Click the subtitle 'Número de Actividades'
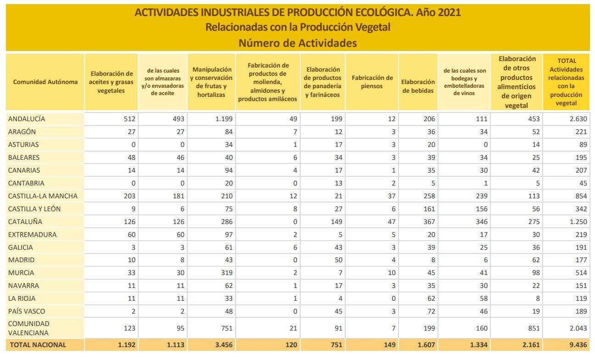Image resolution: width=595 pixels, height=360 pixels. [297, 43]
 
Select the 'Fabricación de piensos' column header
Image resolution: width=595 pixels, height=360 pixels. [372, 82]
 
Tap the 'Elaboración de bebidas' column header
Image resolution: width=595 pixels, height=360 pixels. [418, 86]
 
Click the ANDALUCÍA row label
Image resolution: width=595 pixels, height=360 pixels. [27, 119]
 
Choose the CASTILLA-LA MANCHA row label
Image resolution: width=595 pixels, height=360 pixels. [43, 196]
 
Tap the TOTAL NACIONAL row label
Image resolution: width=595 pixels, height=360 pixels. [38, 345]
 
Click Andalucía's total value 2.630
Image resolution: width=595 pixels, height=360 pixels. [578, 119]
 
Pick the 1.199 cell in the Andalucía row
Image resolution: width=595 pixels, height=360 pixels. [224, 119]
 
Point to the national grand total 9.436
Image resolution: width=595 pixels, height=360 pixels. [578, 345]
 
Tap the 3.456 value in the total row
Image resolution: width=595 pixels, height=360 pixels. [224, 345]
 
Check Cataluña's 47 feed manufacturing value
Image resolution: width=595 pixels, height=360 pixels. [391, 222]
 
